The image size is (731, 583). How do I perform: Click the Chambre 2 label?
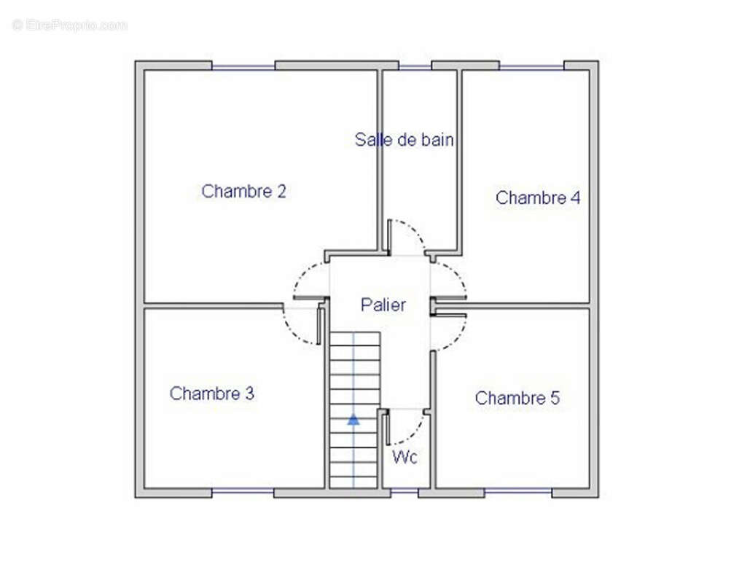click(x=243, y=192)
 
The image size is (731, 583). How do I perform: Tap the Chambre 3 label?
click(x=212, y=394)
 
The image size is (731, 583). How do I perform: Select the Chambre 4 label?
click(x=538, y=197)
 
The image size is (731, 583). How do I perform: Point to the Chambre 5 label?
click(x=517, y=399)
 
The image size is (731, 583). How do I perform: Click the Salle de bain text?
click(x=404, y=139)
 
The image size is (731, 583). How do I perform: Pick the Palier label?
click(x=383, y=305)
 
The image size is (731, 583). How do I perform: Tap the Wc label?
click(x=404, y=458)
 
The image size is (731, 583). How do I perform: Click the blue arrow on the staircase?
click(x=353, y=419)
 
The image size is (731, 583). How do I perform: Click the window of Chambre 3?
click(x=243, y=492)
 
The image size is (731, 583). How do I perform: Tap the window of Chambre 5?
click(x=517, y=492)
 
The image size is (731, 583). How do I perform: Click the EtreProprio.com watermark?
click(x=70, y=26)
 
